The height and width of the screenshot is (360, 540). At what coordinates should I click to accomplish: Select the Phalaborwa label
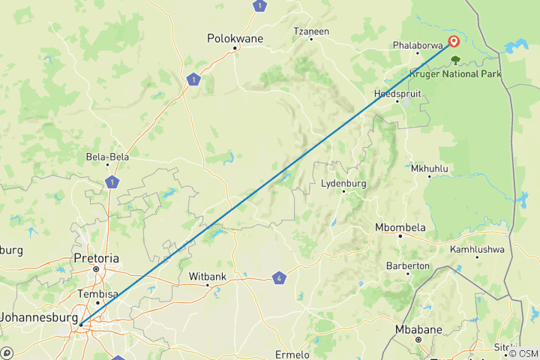coord(417,45)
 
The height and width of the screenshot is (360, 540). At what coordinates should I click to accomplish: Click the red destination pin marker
coord(454,42)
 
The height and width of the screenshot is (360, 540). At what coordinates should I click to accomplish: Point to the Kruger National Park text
coord(455,73)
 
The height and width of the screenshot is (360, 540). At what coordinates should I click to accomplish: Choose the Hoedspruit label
coord(397,94)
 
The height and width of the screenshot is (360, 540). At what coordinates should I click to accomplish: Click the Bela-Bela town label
coord(108,158)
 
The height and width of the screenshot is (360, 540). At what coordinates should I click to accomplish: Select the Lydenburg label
coord(343,183)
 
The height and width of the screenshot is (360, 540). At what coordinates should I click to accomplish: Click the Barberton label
coord(407,265)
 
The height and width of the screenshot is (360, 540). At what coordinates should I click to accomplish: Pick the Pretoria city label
coord(97,258)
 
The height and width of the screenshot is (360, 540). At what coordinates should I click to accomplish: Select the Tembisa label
coord(97,294)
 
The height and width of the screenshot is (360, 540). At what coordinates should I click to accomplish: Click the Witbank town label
coord(207,276)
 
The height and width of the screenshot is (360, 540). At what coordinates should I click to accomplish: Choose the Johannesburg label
coord(37,316)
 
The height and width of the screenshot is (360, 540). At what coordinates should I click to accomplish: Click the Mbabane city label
coord(418,329)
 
